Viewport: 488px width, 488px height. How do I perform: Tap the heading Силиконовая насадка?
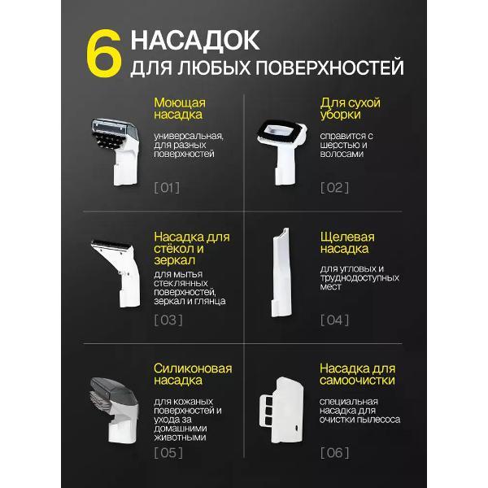[x=193, y=375]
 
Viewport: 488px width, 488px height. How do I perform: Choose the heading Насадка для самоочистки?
[x=357, y=375]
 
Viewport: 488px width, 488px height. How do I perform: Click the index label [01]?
[x=167, y=188]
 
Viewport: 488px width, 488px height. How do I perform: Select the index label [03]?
[x=168, y=320]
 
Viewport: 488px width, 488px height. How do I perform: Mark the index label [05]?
[x=168, y=452]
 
